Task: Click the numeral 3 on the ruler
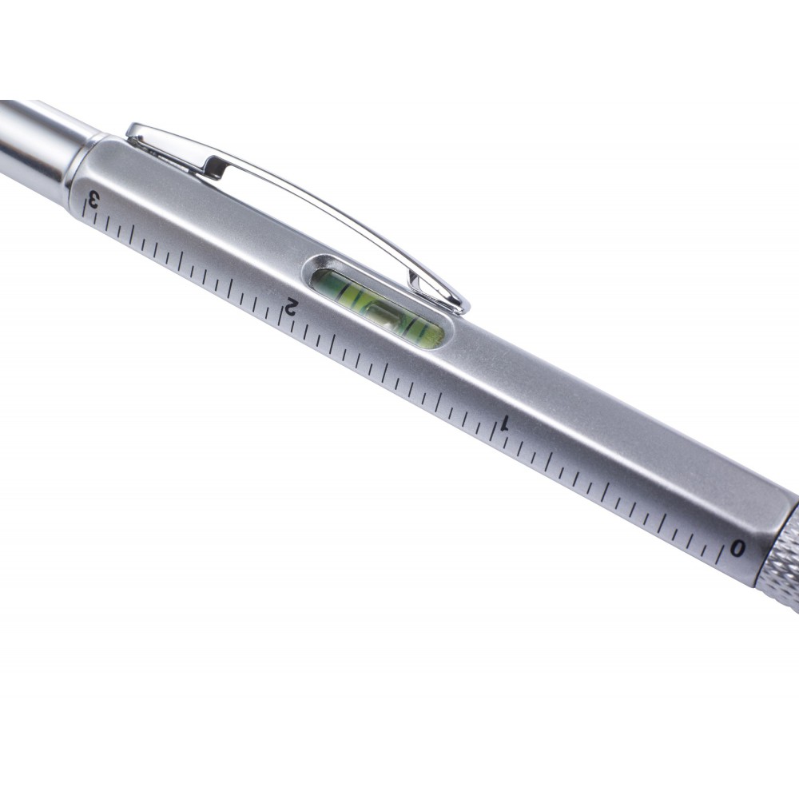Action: tap(93, 198)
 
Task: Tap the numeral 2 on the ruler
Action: tap(289, 306)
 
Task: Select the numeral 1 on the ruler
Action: tap(506, 423)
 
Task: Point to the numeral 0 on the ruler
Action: tap(737, 549)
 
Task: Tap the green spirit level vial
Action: tap(378, 308)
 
